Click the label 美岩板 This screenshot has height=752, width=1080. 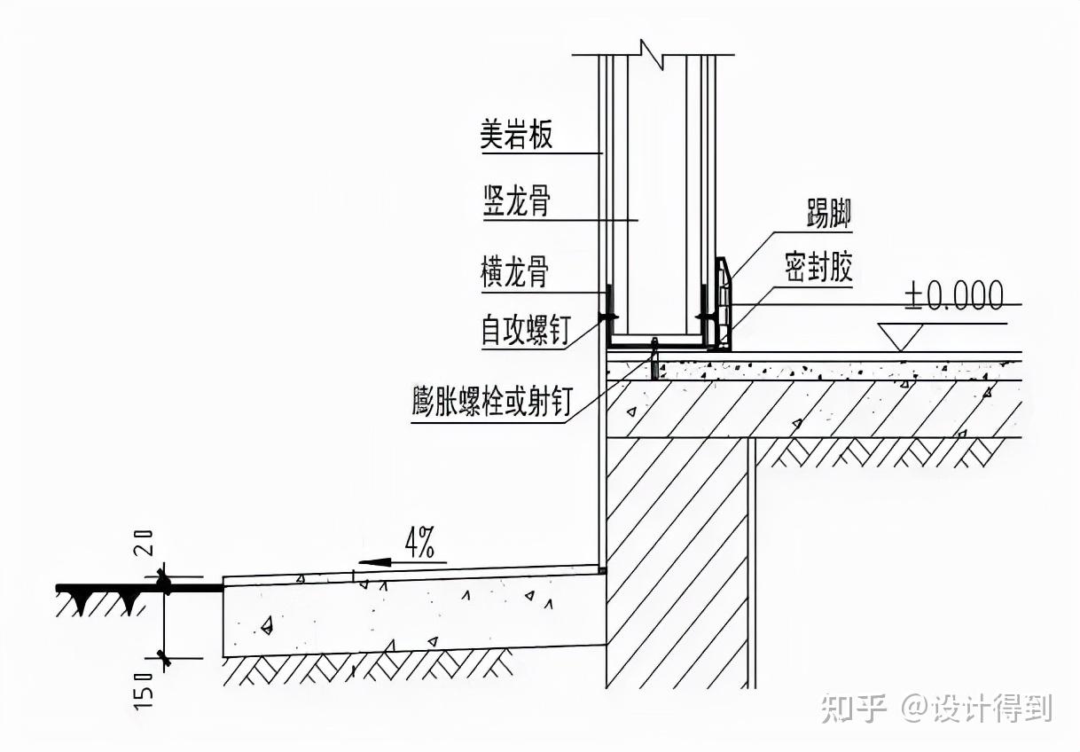516,136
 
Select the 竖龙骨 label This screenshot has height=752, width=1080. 516,201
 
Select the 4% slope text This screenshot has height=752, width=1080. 419,542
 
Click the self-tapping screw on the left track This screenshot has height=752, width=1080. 607,316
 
